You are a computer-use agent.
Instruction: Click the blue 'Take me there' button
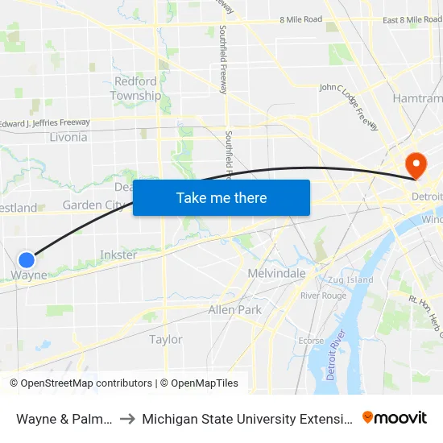(x=221, y=197)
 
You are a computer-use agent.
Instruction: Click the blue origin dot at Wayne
(x=27, y=259)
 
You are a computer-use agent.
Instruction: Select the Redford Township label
(x=135, y=89)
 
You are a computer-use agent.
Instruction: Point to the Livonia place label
(x=68, y=137)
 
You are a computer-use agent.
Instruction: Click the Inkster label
(x=118, y=255)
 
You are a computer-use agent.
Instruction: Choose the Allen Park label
(x=234, y=309)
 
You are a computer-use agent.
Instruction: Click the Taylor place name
(x=166, y=339)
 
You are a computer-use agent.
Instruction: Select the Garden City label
(x=93, y=205)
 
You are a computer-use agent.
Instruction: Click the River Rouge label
(x=323, y=296)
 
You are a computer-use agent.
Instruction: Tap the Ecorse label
(x=311, y=341)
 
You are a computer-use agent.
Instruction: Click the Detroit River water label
(x=337, y=355)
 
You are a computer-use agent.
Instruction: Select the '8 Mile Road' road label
(x=300, y=19)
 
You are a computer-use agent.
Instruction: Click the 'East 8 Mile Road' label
(x=412, y=19)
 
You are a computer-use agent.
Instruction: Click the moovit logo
(x=395, y=417)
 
